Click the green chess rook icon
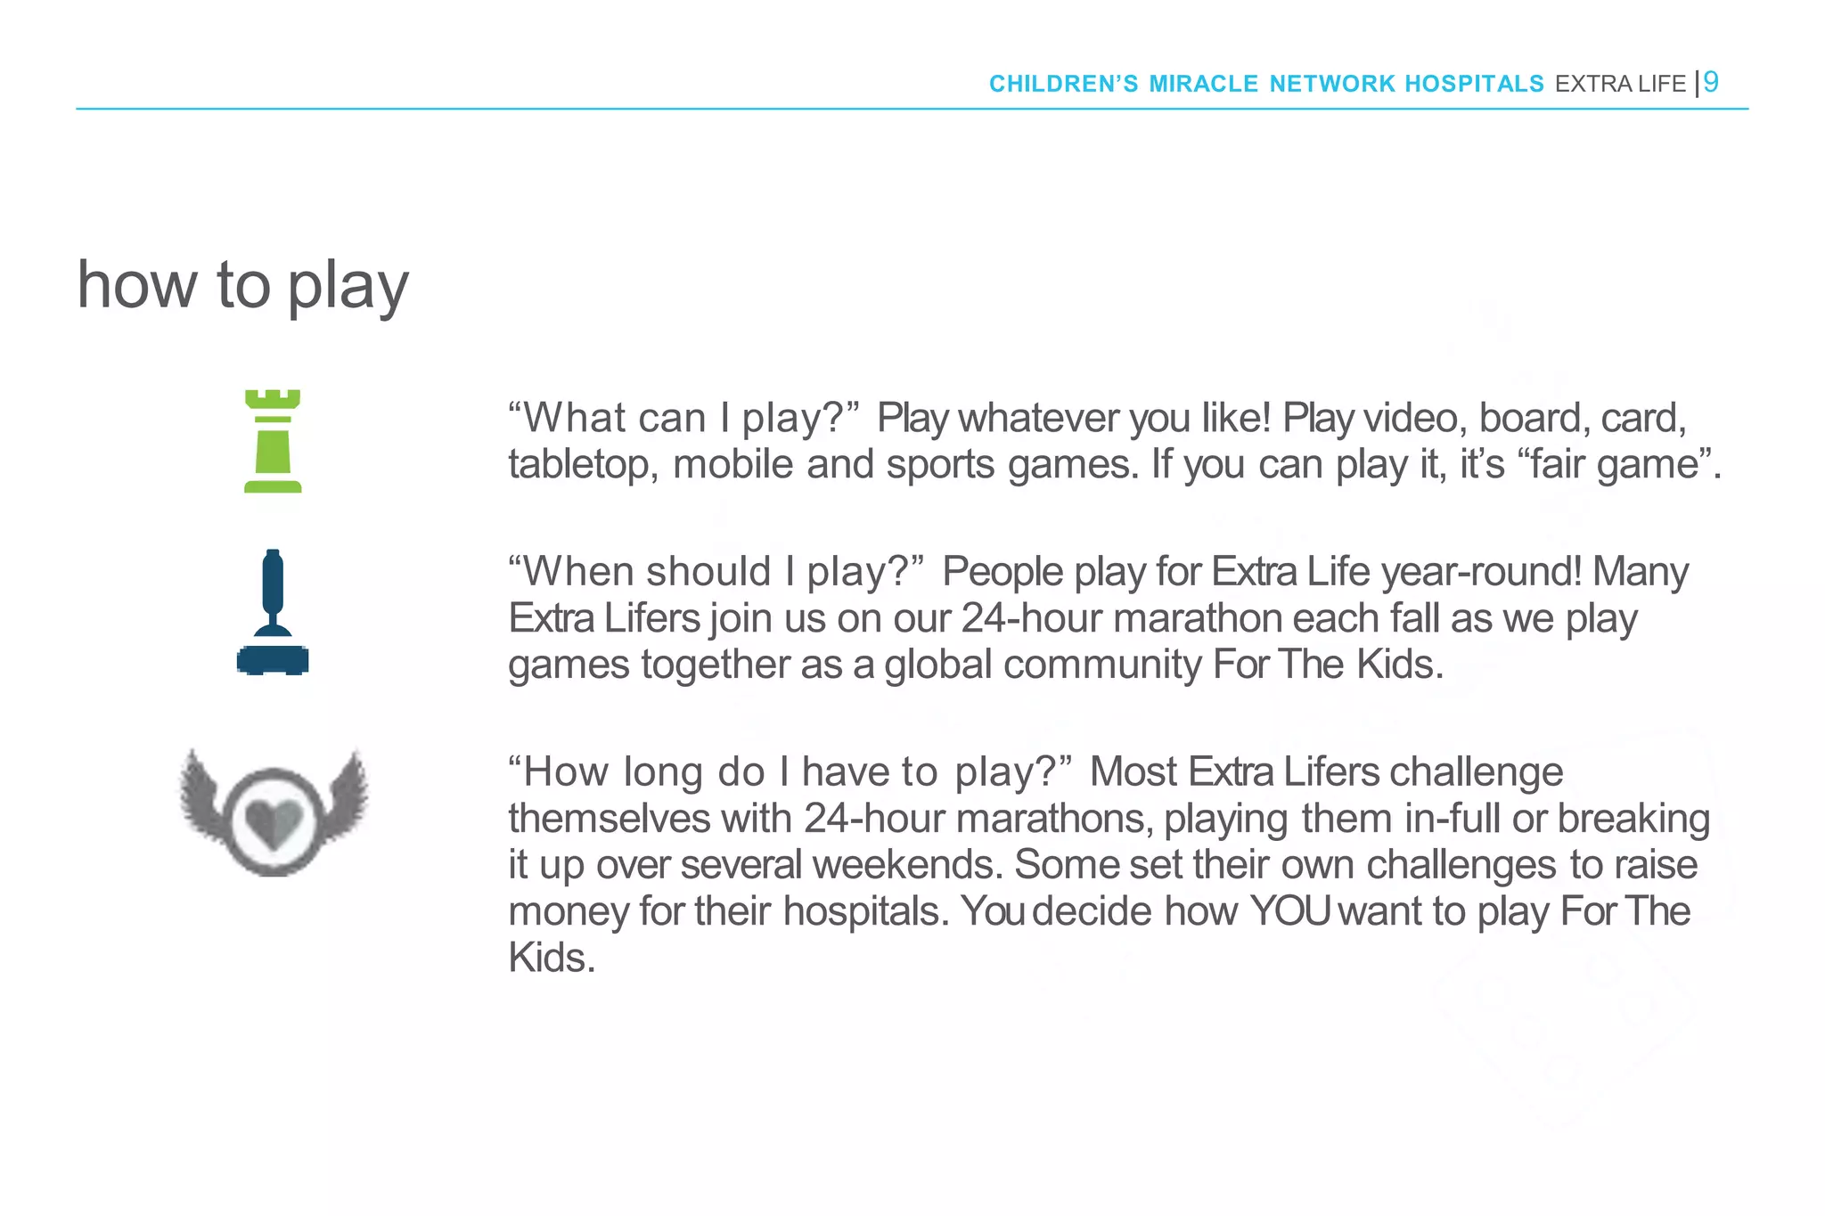click(x=273, y=441)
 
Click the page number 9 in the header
click(x=1711, y=82)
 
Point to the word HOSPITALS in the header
click(x=1474, y=84)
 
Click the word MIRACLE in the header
click(x=1203, y=84)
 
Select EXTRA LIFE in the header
click(x=1620, y=84)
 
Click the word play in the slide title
click(x=348, y=287)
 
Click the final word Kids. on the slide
click(x=551, y=958)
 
